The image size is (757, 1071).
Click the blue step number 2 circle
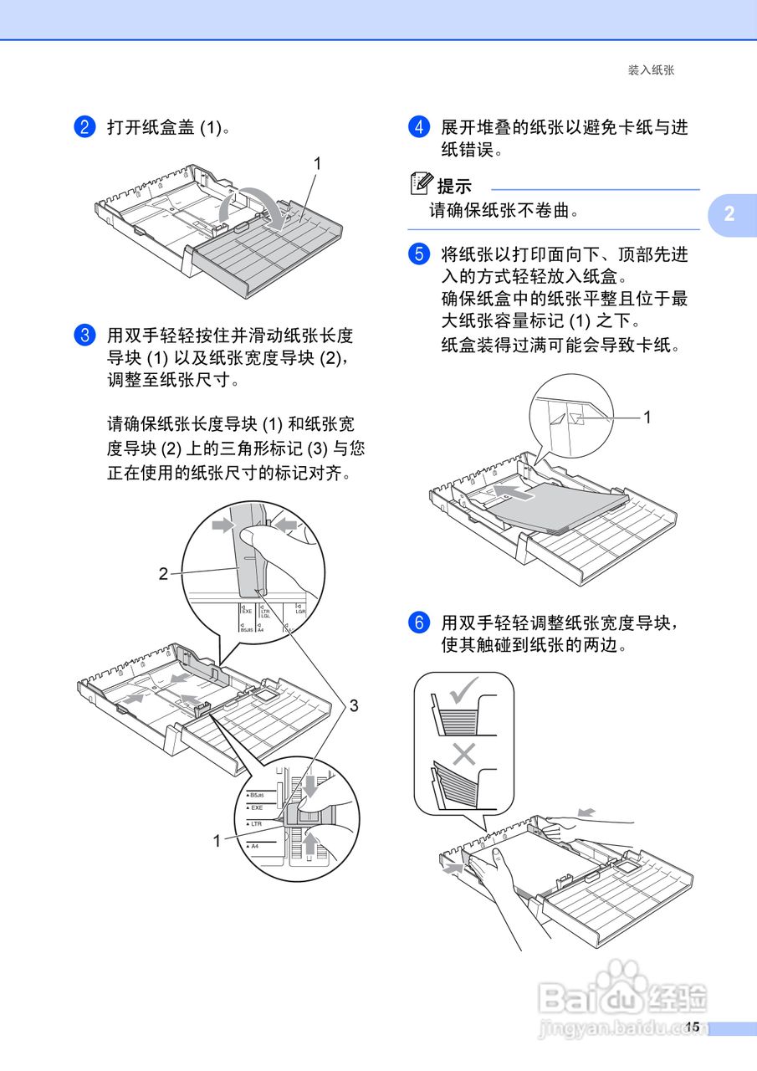84,127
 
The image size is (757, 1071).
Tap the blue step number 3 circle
84,336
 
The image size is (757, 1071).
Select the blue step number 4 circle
418,127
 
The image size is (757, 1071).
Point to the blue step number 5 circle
418,254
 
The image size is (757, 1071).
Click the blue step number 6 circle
418,623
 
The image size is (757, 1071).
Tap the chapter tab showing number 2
729,214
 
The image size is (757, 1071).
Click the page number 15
692,1027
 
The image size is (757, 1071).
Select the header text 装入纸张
651,70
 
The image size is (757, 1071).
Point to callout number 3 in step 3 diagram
354,706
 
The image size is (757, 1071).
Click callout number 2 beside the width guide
164,573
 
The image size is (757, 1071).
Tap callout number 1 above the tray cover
317,164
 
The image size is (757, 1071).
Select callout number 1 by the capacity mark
647,416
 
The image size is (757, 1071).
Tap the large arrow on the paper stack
512,493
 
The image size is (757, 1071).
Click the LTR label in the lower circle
257,824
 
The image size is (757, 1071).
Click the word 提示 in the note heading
454,187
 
